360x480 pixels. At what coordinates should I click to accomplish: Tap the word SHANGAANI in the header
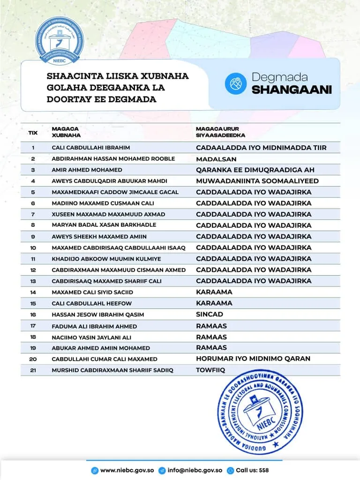[292, 90]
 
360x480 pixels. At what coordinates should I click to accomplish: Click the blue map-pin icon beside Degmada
[236, 83]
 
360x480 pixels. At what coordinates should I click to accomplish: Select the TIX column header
[33, 133]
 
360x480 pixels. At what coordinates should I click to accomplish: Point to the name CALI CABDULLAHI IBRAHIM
[91, 148]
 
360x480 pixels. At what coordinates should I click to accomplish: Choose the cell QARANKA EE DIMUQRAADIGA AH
[255, 170]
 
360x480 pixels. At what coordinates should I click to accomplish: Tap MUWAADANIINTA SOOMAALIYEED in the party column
[257, 181]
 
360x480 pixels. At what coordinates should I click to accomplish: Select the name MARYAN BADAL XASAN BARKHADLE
[104, 225]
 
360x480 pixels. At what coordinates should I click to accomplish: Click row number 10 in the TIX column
[33, 247]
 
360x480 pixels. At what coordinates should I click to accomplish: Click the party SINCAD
[210, 314]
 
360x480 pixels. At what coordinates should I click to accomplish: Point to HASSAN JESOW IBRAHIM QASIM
[98, 315]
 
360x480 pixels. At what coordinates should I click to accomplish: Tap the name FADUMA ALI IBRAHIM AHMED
[94, 326]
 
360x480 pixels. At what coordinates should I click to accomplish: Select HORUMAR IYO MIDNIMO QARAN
[253, 359]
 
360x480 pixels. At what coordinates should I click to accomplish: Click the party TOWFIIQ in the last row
[210, 370]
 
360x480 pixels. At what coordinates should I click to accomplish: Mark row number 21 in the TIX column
[33, 370]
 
